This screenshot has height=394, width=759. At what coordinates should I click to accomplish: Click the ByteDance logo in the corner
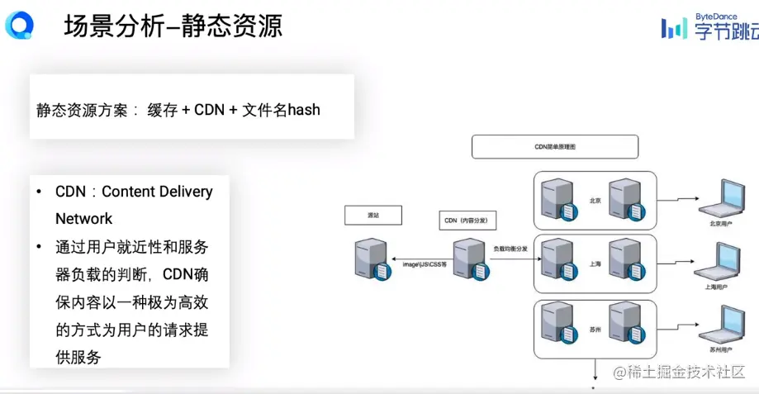pos(709,28)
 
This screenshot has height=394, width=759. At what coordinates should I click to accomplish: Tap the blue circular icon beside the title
pos(19,26)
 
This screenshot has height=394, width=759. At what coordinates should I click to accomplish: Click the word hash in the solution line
pos(303,109)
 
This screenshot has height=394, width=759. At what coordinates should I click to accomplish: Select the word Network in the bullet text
pos(83,219)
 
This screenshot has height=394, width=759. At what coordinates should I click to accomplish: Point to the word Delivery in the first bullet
pos(181,192)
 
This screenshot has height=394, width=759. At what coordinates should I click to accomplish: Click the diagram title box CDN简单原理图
pos(554,146)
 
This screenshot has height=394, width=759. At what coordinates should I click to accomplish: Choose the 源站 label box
pos(372,215)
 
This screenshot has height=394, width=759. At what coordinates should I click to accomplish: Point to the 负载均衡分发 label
pos(510,248)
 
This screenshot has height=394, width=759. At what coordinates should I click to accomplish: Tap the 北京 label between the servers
pos(595,201)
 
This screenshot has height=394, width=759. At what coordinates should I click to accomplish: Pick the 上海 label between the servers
pos(595,265)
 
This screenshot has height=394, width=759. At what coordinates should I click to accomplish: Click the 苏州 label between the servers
pos(595,330)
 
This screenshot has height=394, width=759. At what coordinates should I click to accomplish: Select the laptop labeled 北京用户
pos(719,197)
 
